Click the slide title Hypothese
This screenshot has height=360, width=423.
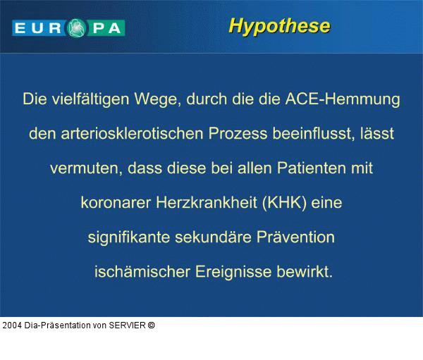(x=279, y=26)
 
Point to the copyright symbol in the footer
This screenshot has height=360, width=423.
(x=152, y=325)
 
